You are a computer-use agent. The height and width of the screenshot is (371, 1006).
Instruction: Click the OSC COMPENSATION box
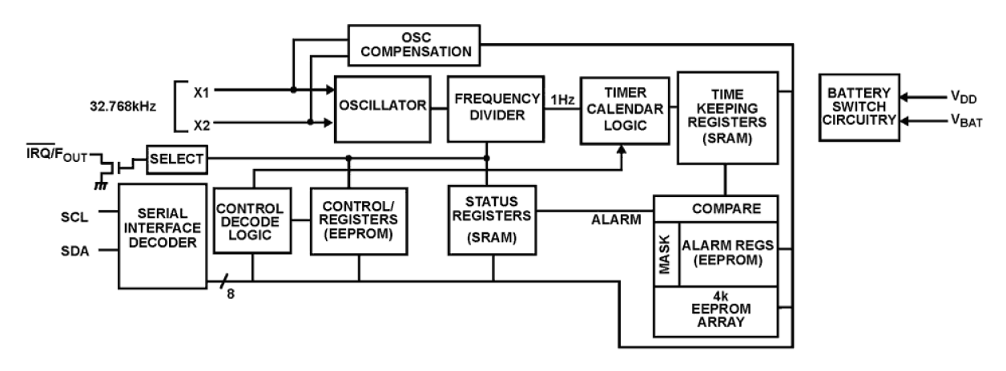point(414,45)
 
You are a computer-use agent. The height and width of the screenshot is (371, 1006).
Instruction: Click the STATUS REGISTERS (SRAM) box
point(493,219)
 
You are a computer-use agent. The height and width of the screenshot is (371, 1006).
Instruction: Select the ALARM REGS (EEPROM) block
point(728,256)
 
